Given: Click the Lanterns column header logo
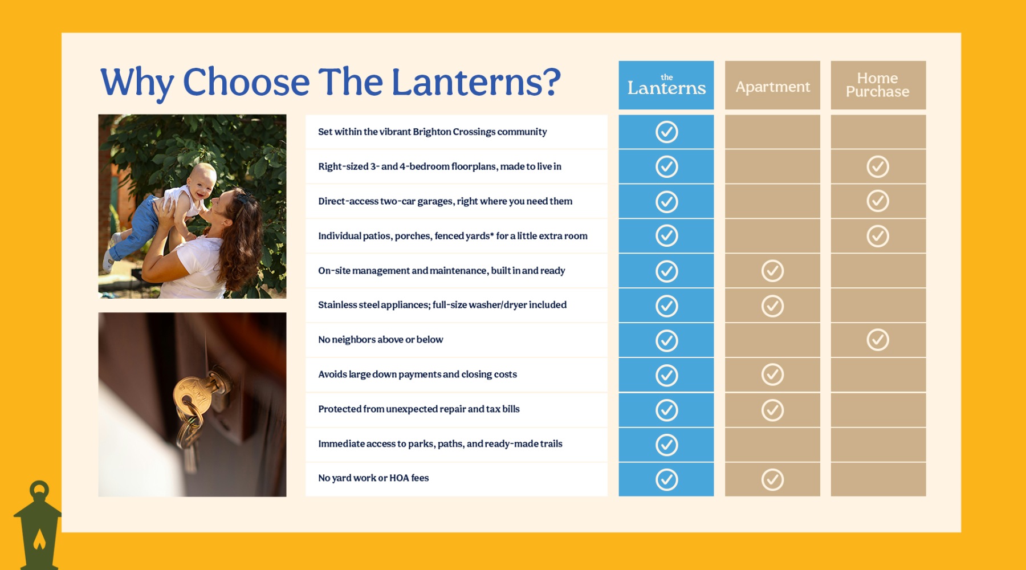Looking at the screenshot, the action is [x=666, y=85].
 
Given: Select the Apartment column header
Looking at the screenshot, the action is [x=772, y=87].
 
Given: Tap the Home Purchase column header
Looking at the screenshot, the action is [x=878, y=85].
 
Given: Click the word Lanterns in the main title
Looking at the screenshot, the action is [x=477, y=82].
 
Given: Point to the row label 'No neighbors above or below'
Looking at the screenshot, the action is [x=380, y=340].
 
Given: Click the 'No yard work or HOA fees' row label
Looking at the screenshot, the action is [x=373, y=478].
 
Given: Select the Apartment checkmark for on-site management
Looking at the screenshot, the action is [x=772, y=271].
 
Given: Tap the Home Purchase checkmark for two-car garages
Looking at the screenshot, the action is [x=878, y=201].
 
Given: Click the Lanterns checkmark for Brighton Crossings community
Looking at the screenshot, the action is [x=666, y=132].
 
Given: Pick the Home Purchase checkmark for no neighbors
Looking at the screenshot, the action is [x=878, y=340].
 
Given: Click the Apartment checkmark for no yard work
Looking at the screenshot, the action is [x=772, y=479].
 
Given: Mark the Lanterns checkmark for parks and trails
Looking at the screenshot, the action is [x=666, y=445].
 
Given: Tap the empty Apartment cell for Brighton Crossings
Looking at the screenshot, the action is [x=772, y=132].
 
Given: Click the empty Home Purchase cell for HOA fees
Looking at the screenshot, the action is [x=878, y=479].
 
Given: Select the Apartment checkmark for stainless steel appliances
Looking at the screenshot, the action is [x=772, y=306].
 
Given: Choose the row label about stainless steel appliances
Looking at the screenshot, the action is [x=442, y=305].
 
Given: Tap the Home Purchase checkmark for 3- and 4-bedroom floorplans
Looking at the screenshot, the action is [x=878, y=166].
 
